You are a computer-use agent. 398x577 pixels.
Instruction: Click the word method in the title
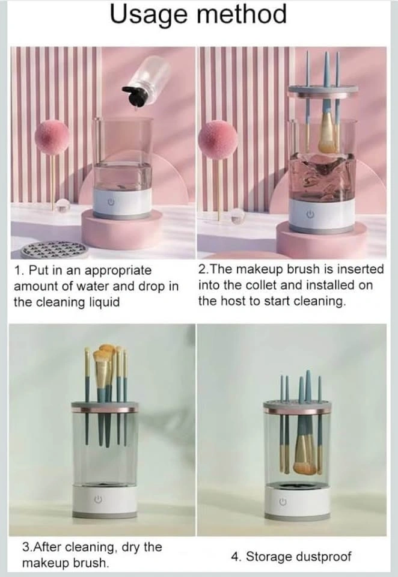[x=241, y=14]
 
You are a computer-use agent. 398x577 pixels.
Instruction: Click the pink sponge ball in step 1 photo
[x=52, y=137]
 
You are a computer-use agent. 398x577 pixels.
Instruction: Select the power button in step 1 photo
[x=110, y=202]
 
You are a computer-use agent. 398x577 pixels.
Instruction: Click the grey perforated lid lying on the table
[x=54, y=250]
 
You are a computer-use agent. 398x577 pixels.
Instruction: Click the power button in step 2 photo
[x=310, y=214]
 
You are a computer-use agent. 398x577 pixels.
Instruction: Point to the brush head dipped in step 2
[x=326, y=134]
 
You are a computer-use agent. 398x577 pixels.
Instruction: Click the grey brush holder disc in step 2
[x=323, y=90]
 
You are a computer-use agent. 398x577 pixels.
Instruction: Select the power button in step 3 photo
[x=97, y=499]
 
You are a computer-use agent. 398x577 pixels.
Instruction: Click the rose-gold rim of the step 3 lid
[x=105, y=410]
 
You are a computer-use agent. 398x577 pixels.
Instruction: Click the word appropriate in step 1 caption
[x=118, y=271]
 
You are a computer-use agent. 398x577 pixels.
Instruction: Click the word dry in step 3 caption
[x=130, y=547]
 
